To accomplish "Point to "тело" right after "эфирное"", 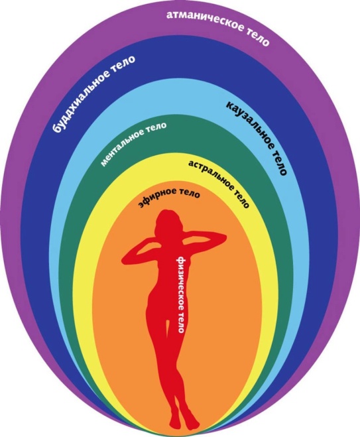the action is [x=190, y=194].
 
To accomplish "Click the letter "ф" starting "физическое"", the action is [x=180, y=260].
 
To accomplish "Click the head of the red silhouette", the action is [x=168, y=223].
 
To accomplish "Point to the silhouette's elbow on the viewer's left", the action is [x=126, y=260].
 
